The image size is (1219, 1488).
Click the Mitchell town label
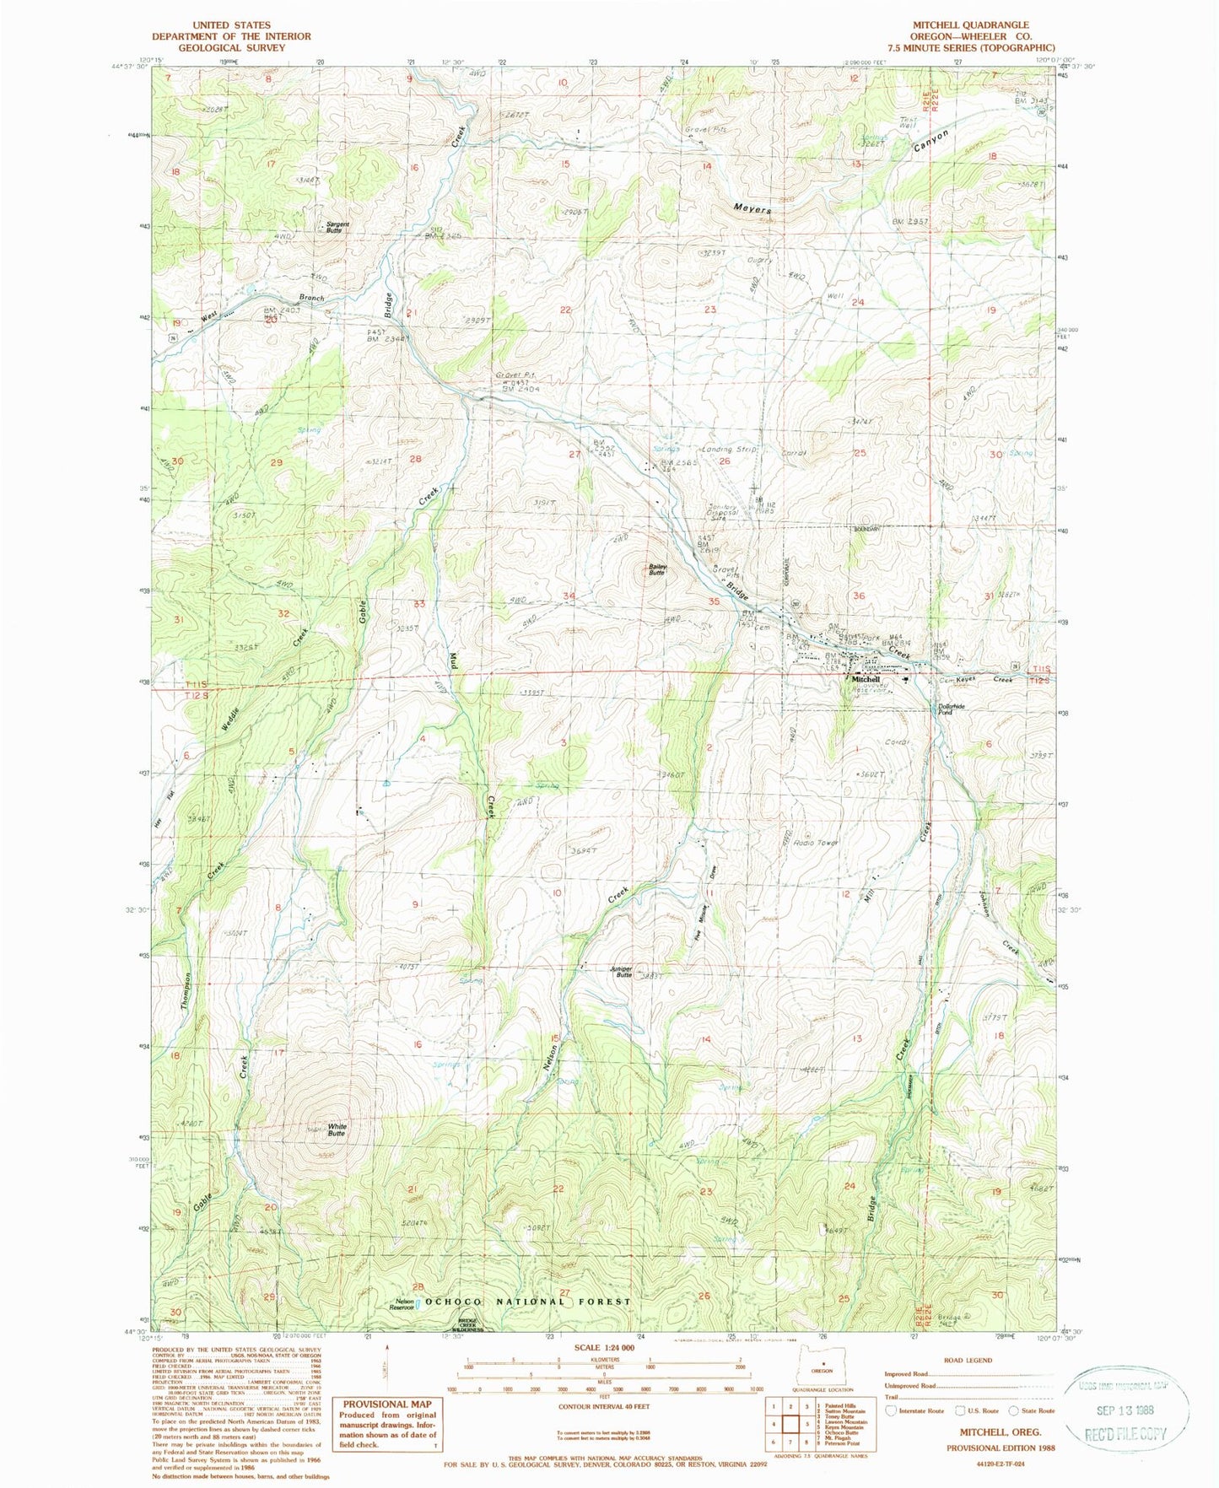click(866, 679)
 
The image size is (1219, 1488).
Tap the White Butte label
click(337, 1129)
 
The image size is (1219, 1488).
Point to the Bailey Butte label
click(657, 569)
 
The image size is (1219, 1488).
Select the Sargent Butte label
click(338, 227)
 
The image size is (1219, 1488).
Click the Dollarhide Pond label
click(945, 709)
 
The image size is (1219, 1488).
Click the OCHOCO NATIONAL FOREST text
click(527, 1302)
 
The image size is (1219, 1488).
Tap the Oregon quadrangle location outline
click(822, 1376)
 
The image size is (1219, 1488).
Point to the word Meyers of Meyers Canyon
click(752, 208)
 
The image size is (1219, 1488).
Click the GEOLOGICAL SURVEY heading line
click(231, 47)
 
